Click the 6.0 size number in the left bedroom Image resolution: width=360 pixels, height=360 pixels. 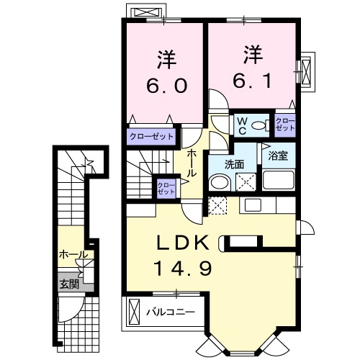click(x=167, y=86)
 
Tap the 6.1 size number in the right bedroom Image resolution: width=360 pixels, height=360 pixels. click(x=252, y=81)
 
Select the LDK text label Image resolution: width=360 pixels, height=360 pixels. click(x=182, y=243)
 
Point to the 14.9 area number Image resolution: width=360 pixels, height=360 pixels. click(x=184, y=268)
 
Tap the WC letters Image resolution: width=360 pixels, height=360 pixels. click(x=242, y=126)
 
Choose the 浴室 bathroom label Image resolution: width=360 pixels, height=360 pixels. click(x=278, y=156)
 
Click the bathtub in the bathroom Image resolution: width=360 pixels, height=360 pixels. click(x=279, y=180)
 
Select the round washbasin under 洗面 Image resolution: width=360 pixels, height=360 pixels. click(x=220, y=183)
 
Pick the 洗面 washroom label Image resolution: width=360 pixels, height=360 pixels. click(x=234, y=165)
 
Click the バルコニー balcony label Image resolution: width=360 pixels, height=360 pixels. click(x=171, y=312)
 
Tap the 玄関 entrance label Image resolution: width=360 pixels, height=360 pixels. click(x=69, y=284)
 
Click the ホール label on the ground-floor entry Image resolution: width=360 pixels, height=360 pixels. click(x=73, y=255)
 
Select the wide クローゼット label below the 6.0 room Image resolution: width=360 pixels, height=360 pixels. click(x=151, y=137)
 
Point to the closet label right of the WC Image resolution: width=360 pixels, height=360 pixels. click(x=285, y=125)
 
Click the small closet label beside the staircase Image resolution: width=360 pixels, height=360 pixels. click(x=166, y=189)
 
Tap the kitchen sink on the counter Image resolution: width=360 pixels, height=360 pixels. click(x=253, y=204)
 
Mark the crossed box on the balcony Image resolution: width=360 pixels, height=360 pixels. click(x=134, y=312)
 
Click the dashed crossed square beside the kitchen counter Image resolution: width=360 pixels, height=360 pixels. click(x=217, y=205)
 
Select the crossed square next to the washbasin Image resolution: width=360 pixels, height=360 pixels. click(x=246, y=182)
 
